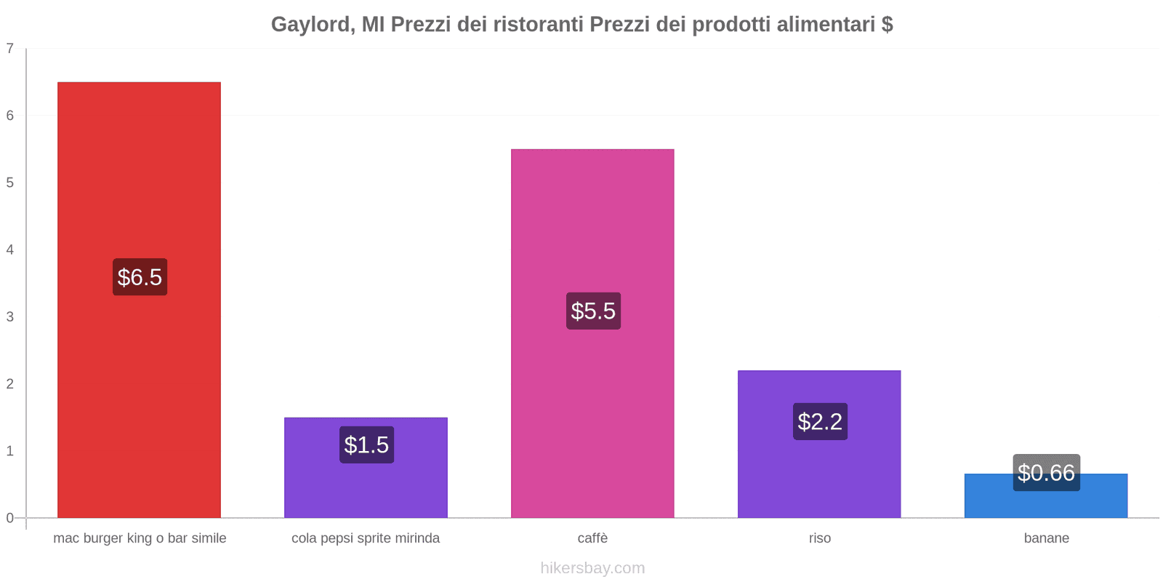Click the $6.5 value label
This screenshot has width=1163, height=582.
click(140, 277)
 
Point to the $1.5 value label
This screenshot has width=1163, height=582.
click(366, 445)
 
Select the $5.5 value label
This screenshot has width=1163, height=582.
click(593, 311)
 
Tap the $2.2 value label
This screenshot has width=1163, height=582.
click(820, 421)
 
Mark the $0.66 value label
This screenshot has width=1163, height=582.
click(1046, 473)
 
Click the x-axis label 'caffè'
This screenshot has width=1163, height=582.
click(592, 538)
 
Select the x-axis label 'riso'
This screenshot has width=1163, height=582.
click(819, 538)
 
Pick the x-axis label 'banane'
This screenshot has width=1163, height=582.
click(1046, 538)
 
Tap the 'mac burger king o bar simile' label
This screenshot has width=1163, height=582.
click(140, 538)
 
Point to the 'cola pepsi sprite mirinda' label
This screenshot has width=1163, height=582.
click(366, 538)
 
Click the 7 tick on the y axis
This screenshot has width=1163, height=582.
click(10, 49)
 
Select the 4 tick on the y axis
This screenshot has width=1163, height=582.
click(10, 250)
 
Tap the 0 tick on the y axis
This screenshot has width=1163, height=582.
click(10, 518)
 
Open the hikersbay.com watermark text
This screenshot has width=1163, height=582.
click(592, 568)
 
